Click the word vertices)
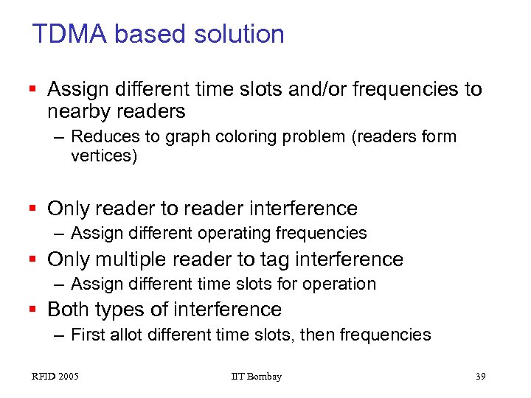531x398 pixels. point(104,156)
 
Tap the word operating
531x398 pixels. point(236,233)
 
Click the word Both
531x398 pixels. point(70,309)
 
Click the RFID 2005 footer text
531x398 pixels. point(55,377)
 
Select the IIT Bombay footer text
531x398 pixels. point(256,377)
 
